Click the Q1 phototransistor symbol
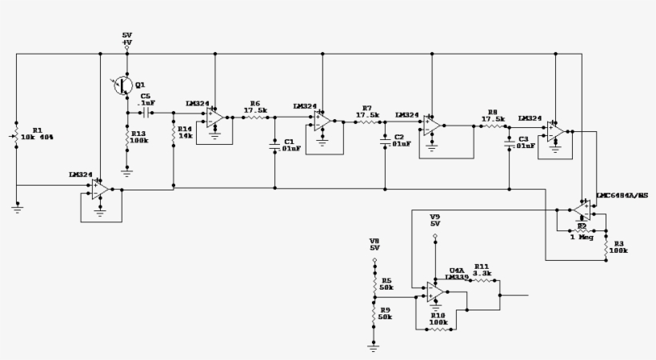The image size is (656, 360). click(x=122, y=85)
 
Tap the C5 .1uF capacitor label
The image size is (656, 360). click(x=146, y=100)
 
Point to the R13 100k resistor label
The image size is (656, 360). click(x=140, y=138)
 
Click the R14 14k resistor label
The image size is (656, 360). click(x=186, y=133)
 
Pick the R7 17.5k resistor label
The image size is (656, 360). click(x=368, y=111)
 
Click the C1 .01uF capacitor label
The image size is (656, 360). click(x=291, y=144)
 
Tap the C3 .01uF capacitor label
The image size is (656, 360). click(x=523, y=143)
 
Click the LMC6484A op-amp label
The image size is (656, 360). click(x=622, y=196)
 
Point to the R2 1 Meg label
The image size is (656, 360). click(x=582, y=232)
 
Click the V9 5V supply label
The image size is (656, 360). click(x=435, y=221)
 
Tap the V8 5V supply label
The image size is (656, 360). click(x=374, y=244)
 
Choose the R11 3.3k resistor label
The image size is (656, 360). click(x=482, y=270)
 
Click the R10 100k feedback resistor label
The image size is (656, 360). click(x=438, y=319)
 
